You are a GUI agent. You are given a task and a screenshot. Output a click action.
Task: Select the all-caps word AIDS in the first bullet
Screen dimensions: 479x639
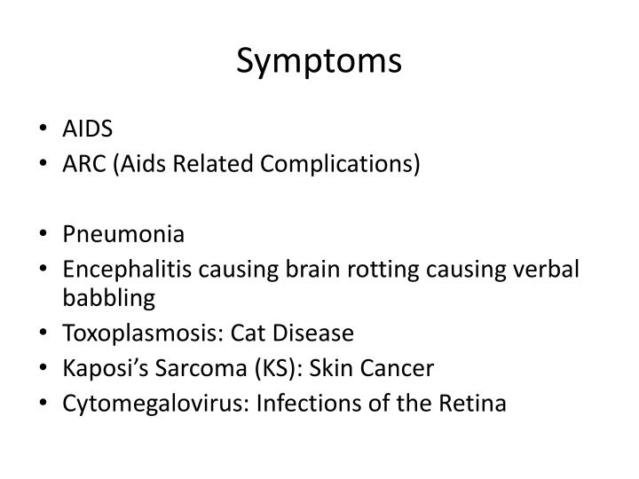point(87,130)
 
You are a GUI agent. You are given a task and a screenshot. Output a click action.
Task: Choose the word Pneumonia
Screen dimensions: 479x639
point(123,235)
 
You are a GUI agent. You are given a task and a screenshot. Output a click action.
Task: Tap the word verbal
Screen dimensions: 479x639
point(549,271)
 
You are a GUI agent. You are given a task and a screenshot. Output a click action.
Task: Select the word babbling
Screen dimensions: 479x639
point(108,298)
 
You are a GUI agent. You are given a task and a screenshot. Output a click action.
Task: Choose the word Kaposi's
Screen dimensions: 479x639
point(99,369)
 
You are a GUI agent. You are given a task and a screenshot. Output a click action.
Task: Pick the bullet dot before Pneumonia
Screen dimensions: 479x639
point(45,236)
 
